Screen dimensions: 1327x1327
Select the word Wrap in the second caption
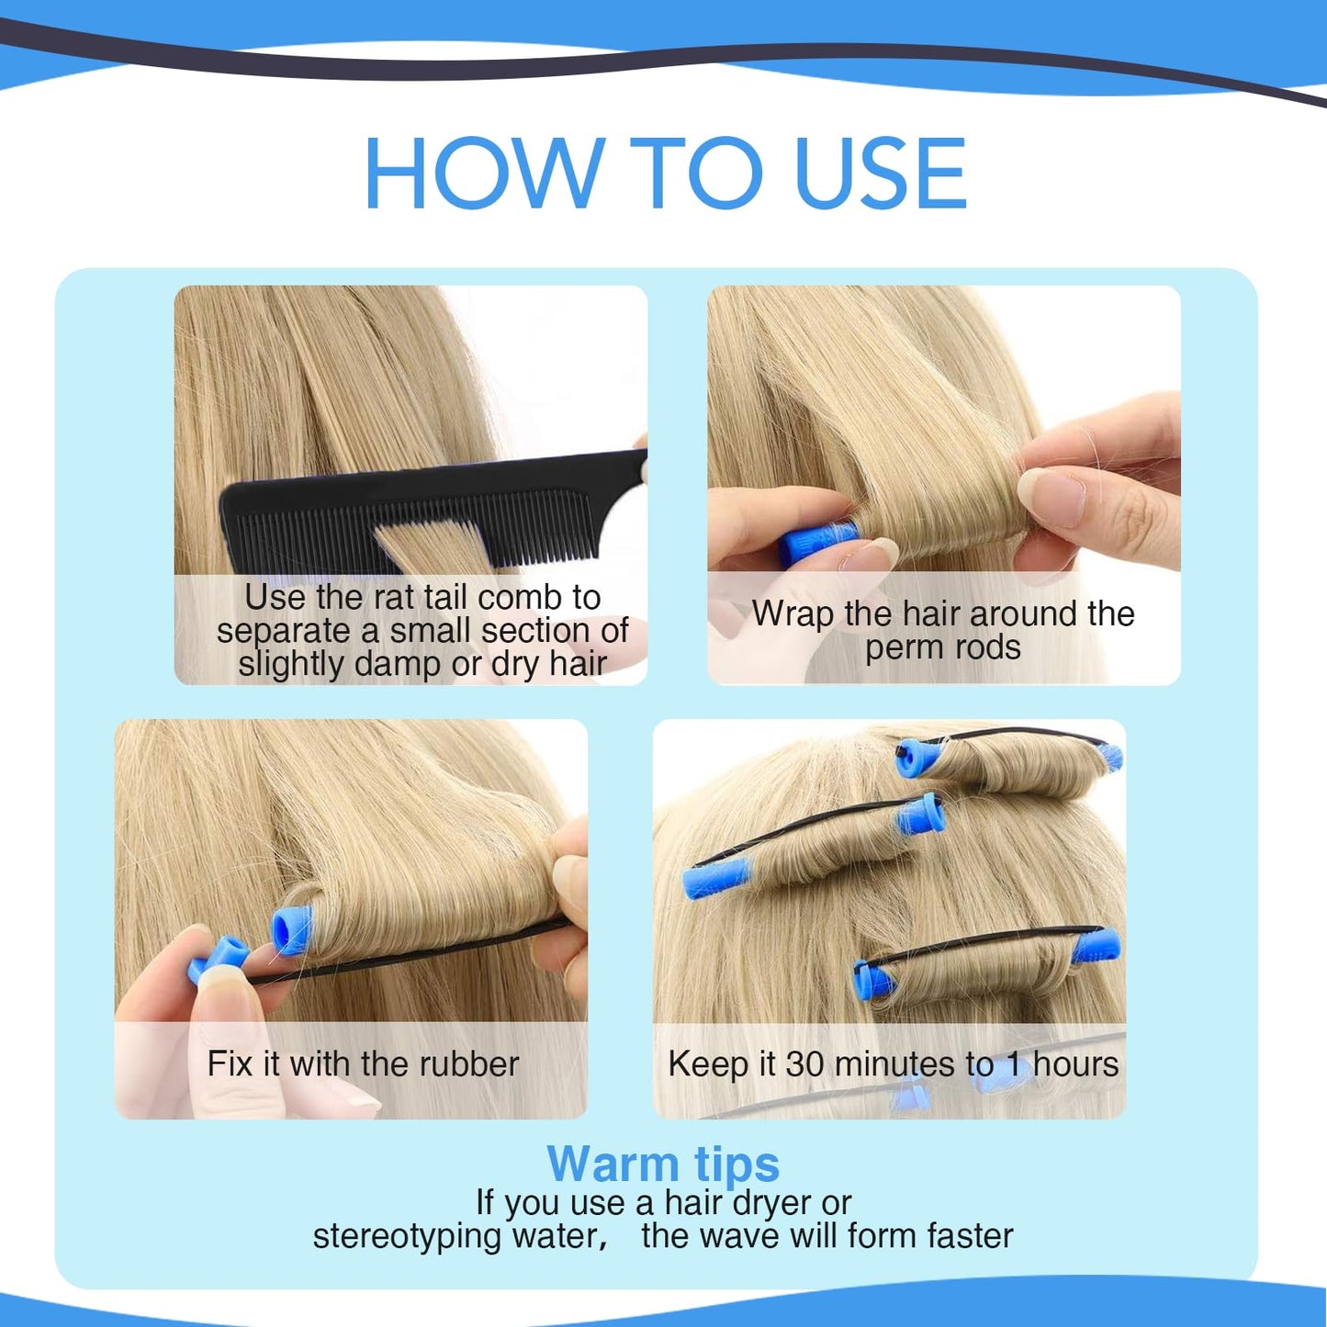[x=793, y=613]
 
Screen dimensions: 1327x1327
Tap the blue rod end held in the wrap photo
[x=816, y=542]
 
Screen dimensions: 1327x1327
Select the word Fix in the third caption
[x=230, y=1063]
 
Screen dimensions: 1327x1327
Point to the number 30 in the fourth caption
[x=805, y=1063]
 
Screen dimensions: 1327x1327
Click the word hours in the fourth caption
[x=1075, y=1063]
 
